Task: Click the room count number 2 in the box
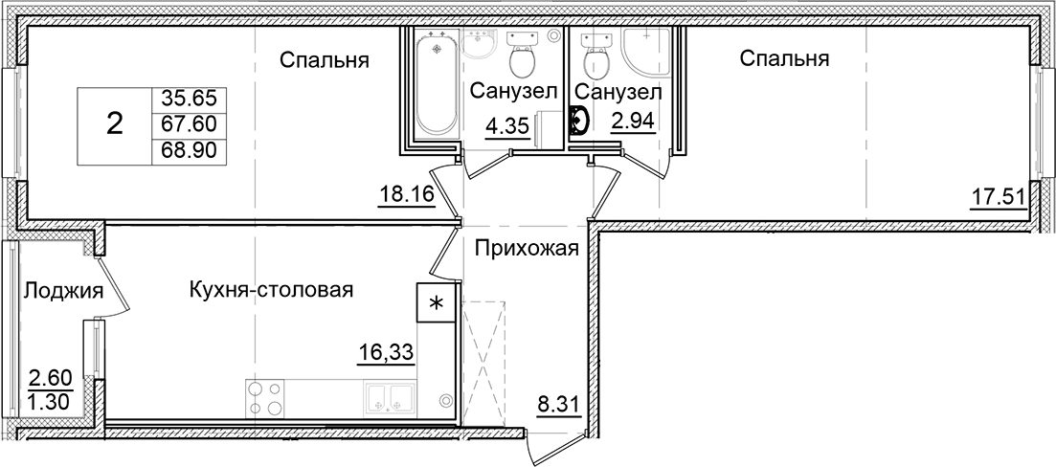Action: pyautogui.click(x=114, y=124)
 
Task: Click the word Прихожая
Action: pyautogui.click(x=526, y=250)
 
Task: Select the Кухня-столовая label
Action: pyautogui.click(x=272, y=289)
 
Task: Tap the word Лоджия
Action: pyautogui.click(x=63, y=290)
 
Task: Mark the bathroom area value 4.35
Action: pyautogui.click(x=506, y=126)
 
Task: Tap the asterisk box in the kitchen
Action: pyautogui.click(x=436, y=305)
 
